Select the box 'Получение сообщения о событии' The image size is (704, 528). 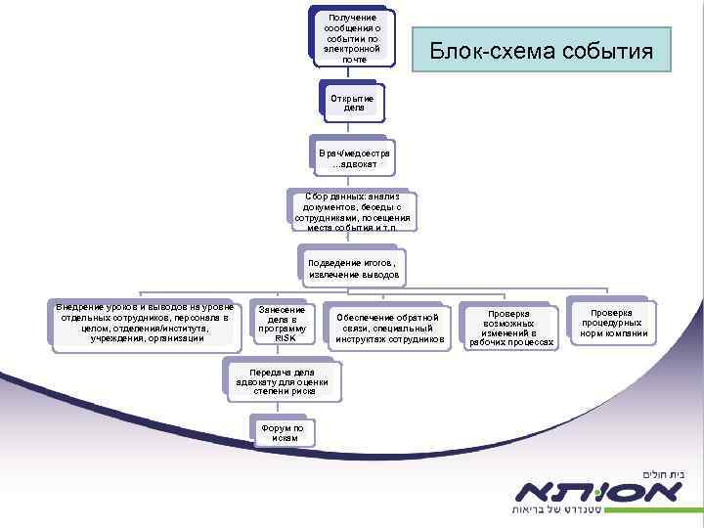point(353,39)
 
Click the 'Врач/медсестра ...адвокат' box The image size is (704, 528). point(354,158)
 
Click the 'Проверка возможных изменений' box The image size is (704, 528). point(512,328)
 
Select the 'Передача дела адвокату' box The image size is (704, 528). point(283,381)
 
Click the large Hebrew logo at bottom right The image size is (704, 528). point(601,490)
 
